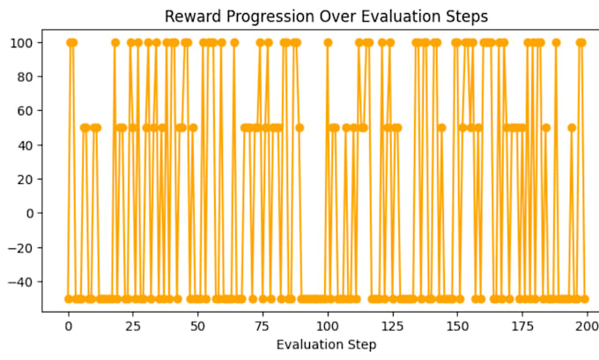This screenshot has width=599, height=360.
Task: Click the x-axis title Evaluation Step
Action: click(x=326, y=345)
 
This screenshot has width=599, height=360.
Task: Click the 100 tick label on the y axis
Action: click(x=21, y=43)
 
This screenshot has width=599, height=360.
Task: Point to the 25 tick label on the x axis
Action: click(x=133, y=327)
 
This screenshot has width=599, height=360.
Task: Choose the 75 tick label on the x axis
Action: click(x=263, y=327)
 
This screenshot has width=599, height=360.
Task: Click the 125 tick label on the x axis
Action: click(x=392, y=327)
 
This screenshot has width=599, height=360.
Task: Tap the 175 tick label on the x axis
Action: click(x=522, y=327)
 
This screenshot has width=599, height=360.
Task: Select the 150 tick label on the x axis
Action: click(x=457, y=327)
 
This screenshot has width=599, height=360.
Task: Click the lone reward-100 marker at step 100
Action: click(x=328, y=42)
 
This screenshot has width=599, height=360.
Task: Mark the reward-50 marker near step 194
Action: click(x=572, y=128)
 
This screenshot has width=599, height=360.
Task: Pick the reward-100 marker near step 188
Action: click(x=556, y=42)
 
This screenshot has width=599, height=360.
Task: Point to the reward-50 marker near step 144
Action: click(x=441, y=128)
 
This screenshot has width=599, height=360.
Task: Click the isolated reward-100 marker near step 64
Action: click(x=234, y=42)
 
